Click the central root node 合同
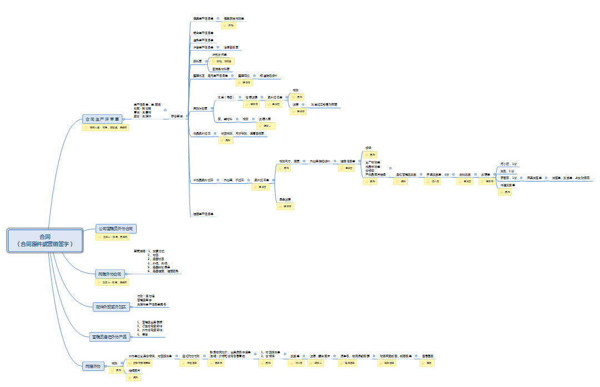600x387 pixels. tap(45, 240)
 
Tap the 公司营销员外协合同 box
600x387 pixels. tap(116, 229)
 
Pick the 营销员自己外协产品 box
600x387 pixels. tap(109, 336)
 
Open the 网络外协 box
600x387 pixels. tap(92, 366)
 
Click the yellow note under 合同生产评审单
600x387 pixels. tap(106, 128)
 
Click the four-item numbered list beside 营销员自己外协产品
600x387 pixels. tap(149, 328)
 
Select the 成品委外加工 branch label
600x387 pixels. tap(201, 134)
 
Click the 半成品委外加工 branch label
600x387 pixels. tap(203, 180)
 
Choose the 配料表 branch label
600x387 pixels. tap(197, 61)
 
